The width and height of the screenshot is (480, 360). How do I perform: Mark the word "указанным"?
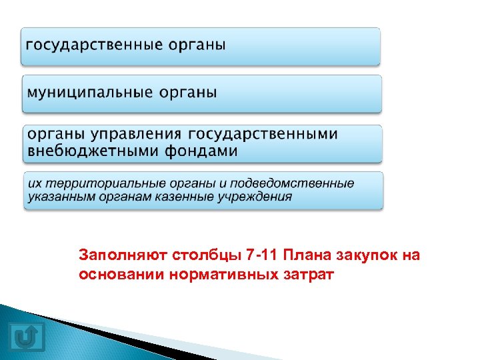click(57, 197)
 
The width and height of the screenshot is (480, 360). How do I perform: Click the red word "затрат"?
click(299, 274)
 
